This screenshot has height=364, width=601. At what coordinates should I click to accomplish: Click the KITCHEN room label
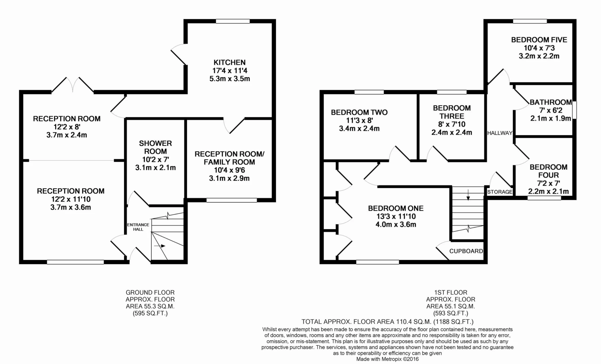(x=229, y=62)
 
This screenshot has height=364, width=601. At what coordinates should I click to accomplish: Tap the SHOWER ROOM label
(x=156, y=147)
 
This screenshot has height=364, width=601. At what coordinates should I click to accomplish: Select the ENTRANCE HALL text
(x=138, y=227)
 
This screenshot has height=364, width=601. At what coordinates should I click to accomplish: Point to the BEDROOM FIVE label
(x=539, y=40)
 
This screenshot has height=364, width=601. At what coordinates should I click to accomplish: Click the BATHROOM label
(x=551, y=102)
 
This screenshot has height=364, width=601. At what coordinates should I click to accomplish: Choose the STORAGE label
(x=500, y=192)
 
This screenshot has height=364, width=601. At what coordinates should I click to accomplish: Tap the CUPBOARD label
(x=466, y=251)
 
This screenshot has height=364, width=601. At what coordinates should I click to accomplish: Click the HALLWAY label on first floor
(x=500, y=133)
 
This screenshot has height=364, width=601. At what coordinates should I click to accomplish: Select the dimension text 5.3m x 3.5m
(x=229, y=79)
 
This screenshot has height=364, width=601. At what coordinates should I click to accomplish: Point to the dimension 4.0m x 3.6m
(x=396, y=225)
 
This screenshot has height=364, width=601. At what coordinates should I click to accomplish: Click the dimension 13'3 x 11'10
(x=396, y=217)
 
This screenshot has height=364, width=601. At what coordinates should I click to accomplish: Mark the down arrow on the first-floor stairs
(x=468, y=194)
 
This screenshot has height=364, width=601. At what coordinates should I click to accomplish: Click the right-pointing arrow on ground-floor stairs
(x=160, y=246)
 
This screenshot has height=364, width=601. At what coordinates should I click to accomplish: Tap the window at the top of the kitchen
(x=233, y=21)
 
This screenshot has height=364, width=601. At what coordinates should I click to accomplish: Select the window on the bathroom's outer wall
(x=575, y=110)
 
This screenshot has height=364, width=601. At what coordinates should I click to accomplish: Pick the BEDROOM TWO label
(x=359, y=112)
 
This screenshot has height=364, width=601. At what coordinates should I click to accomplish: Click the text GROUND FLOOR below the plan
(x=150, y=292)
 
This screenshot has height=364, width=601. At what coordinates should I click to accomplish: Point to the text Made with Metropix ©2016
(x=388, y=359)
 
